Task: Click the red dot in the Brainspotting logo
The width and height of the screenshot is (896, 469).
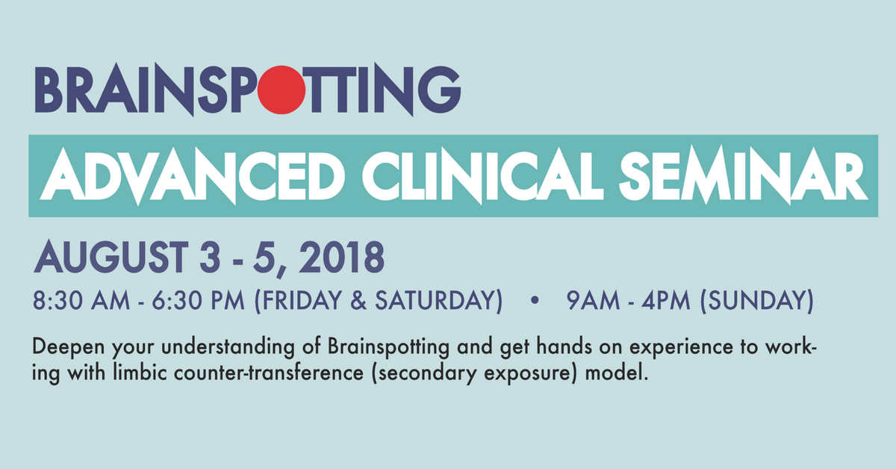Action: pos(281,90)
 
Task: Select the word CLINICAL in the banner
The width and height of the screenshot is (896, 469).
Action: pos(483,176)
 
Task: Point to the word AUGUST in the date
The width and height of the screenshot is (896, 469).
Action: pos(111,257)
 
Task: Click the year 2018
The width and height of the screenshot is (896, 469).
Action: pos(342,257)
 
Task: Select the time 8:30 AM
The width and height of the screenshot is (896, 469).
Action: pos(81,300)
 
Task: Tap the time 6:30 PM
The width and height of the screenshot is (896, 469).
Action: pos(199,300)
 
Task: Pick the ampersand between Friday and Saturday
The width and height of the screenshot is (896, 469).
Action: pos(358,300)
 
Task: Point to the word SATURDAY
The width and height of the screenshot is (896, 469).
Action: pos(435,300)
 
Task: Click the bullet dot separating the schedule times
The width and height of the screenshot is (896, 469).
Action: pos(535,300)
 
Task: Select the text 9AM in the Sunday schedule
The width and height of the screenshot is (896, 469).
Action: pos(593,300)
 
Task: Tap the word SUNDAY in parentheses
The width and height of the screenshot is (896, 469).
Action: pos(757,300)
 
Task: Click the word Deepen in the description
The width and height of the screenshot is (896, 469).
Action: pos(69,347)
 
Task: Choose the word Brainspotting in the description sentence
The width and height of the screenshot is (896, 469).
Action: pos(389,347)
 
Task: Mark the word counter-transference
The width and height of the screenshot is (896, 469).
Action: pos(268,373)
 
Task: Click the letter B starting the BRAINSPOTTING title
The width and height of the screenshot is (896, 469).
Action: pos(49,90)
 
